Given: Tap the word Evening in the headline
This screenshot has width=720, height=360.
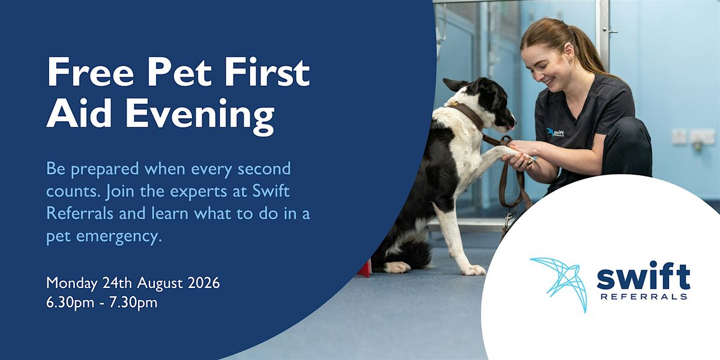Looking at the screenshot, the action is click(x=200, y=116).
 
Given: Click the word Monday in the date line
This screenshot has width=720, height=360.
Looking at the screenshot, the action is click(x=71, y=284).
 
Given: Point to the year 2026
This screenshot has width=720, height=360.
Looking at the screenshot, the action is click(x=204, y=283).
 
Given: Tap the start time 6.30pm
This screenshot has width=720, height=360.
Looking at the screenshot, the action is click(x=70, y=303).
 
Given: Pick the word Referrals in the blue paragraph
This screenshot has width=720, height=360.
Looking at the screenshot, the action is click(x=80, y=213).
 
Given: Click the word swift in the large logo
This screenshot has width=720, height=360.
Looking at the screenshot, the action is click(x=643, y=275).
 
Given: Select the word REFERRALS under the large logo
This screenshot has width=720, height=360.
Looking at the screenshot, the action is click(x=644, y=296).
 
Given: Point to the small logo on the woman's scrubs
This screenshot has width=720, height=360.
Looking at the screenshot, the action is click(x=555, y=132).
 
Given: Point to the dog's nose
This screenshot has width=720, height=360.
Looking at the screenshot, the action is click(x=513, y=123).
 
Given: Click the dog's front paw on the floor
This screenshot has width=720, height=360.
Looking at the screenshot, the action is click(x=473, y=269).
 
